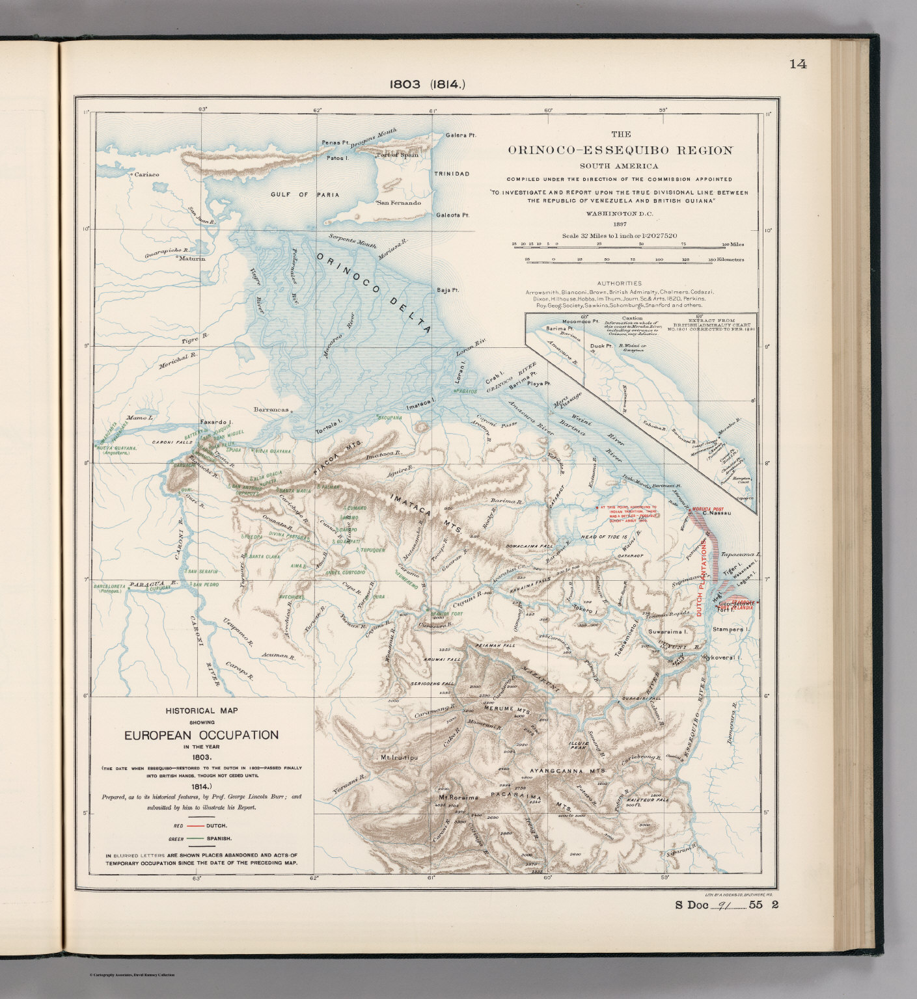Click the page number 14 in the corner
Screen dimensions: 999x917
pyautogui.click(x=798, y=64)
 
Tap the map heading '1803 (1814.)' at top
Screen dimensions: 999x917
pyautogui.click(x=426, y=83)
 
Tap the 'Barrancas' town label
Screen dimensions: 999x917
pyautogui.click(x=271, y=411)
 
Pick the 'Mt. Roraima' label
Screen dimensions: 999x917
pyautogui.click(x=458, y=797)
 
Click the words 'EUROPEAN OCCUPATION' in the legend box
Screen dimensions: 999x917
pyautogui.click(x=201, y=735)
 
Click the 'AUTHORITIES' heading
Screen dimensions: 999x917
pyautogui.click(x=618, y=283)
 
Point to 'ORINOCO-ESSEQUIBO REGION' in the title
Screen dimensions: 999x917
pyautogui.click(x=620, y=150)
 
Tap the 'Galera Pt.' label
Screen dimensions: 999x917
pyautogui.click(x=461, y=135)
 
